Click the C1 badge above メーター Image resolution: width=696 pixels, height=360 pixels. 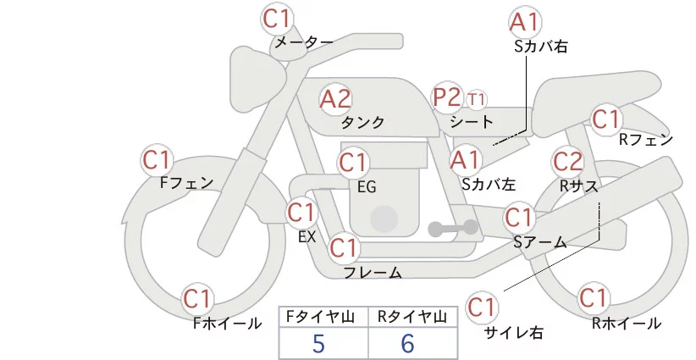click(278, 18)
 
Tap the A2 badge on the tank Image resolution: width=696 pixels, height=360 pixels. click(335, 99)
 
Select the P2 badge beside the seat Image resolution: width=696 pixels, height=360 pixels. click(447, 97)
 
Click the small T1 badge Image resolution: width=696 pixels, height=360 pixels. click(477, 99)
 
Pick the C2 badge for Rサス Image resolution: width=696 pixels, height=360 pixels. click(567, 161)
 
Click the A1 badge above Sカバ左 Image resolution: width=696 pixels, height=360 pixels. click(466, 158)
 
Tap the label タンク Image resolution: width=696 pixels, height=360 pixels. click(362, 123)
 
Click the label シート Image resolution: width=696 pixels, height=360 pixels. click(472, 122)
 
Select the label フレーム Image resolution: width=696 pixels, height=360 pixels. click(373, 272)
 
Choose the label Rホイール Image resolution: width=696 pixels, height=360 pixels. click(627, 323)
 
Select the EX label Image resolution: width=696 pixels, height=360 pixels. click(307, 236)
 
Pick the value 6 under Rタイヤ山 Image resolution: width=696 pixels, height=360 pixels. click(408, 343)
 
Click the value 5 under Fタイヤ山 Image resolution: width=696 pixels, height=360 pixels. click(318, 343)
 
